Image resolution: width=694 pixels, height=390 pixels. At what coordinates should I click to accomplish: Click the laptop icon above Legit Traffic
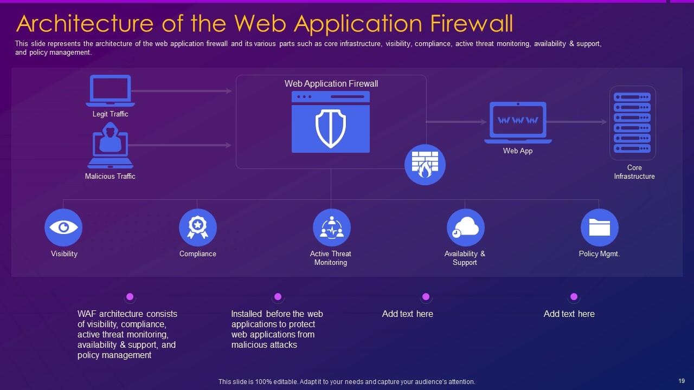click(110, 90)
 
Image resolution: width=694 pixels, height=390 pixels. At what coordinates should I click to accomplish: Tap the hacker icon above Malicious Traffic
click(110, 145)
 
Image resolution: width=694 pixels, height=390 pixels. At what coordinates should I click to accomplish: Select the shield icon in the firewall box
click(331, 128)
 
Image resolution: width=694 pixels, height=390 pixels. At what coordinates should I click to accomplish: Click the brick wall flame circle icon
click(425, 165)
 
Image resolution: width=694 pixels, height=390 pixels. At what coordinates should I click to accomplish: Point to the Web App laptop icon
click(518, 122)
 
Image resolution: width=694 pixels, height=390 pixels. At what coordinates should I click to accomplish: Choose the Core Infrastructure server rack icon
click(632, 123)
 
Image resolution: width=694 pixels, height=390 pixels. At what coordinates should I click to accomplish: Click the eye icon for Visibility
click(63, 227)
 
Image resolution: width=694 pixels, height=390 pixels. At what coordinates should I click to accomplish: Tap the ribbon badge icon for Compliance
click(197, 227)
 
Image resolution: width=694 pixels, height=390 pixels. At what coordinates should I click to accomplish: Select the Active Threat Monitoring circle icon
click(331, 227)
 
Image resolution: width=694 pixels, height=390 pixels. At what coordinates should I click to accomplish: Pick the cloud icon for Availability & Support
click(465, 227)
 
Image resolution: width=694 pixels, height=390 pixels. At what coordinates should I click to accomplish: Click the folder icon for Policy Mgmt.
click(599, 227)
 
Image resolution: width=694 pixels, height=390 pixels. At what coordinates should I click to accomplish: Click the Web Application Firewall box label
click(331, 84)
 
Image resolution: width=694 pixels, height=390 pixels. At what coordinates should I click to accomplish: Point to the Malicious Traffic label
click(110, 177)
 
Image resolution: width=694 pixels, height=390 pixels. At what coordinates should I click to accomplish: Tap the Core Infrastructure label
click(634, 172)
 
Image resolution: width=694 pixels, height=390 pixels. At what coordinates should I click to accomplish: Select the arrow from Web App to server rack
click(577, 122)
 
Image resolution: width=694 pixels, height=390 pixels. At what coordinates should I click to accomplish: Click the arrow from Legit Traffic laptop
click(182, 91)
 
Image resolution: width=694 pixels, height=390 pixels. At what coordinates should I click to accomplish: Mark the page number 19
click(682, 381)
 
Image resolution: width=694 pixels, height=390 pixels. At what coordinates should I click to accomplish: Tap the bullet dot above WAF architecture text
click(130, 297)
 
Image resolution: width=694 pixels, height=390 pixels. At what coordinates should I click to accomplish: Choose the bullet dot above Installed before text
click(278, 297)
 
